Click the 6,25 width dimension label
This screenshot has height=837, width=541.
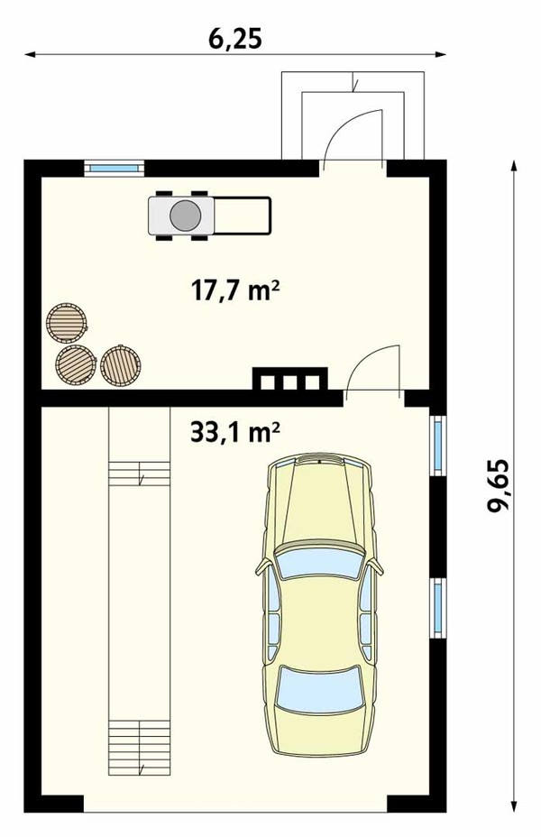point(234,39)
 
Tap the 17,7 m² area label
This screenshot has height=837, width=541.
point(235,291)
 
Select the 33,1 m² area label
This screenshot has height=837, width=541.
point(234,432)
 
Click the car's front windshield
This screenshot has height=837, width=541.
point(319,564)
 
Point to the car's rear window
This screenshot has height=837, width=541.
point(319,690)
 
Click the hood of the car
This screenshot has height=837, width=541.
point(319,501)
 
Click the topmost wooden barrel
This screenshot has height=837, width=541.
point(66,323)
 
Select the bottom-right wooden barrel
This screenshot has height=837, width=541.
point(121,365)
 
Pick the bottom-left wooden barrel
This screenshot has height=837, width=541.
point(76,364)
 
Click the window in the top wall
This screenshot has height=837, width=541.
point(115,169)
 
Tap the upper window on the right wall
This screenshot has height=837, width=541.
point(438,445)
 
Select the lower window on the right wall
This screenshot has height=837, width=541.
point(438,608)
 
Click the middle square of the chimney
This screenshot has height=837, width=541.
point(289,382)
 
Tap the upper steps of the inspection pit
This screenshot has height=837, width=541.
point(139,474)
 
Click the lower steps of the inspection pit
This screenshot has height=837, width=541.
point(139,748)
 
